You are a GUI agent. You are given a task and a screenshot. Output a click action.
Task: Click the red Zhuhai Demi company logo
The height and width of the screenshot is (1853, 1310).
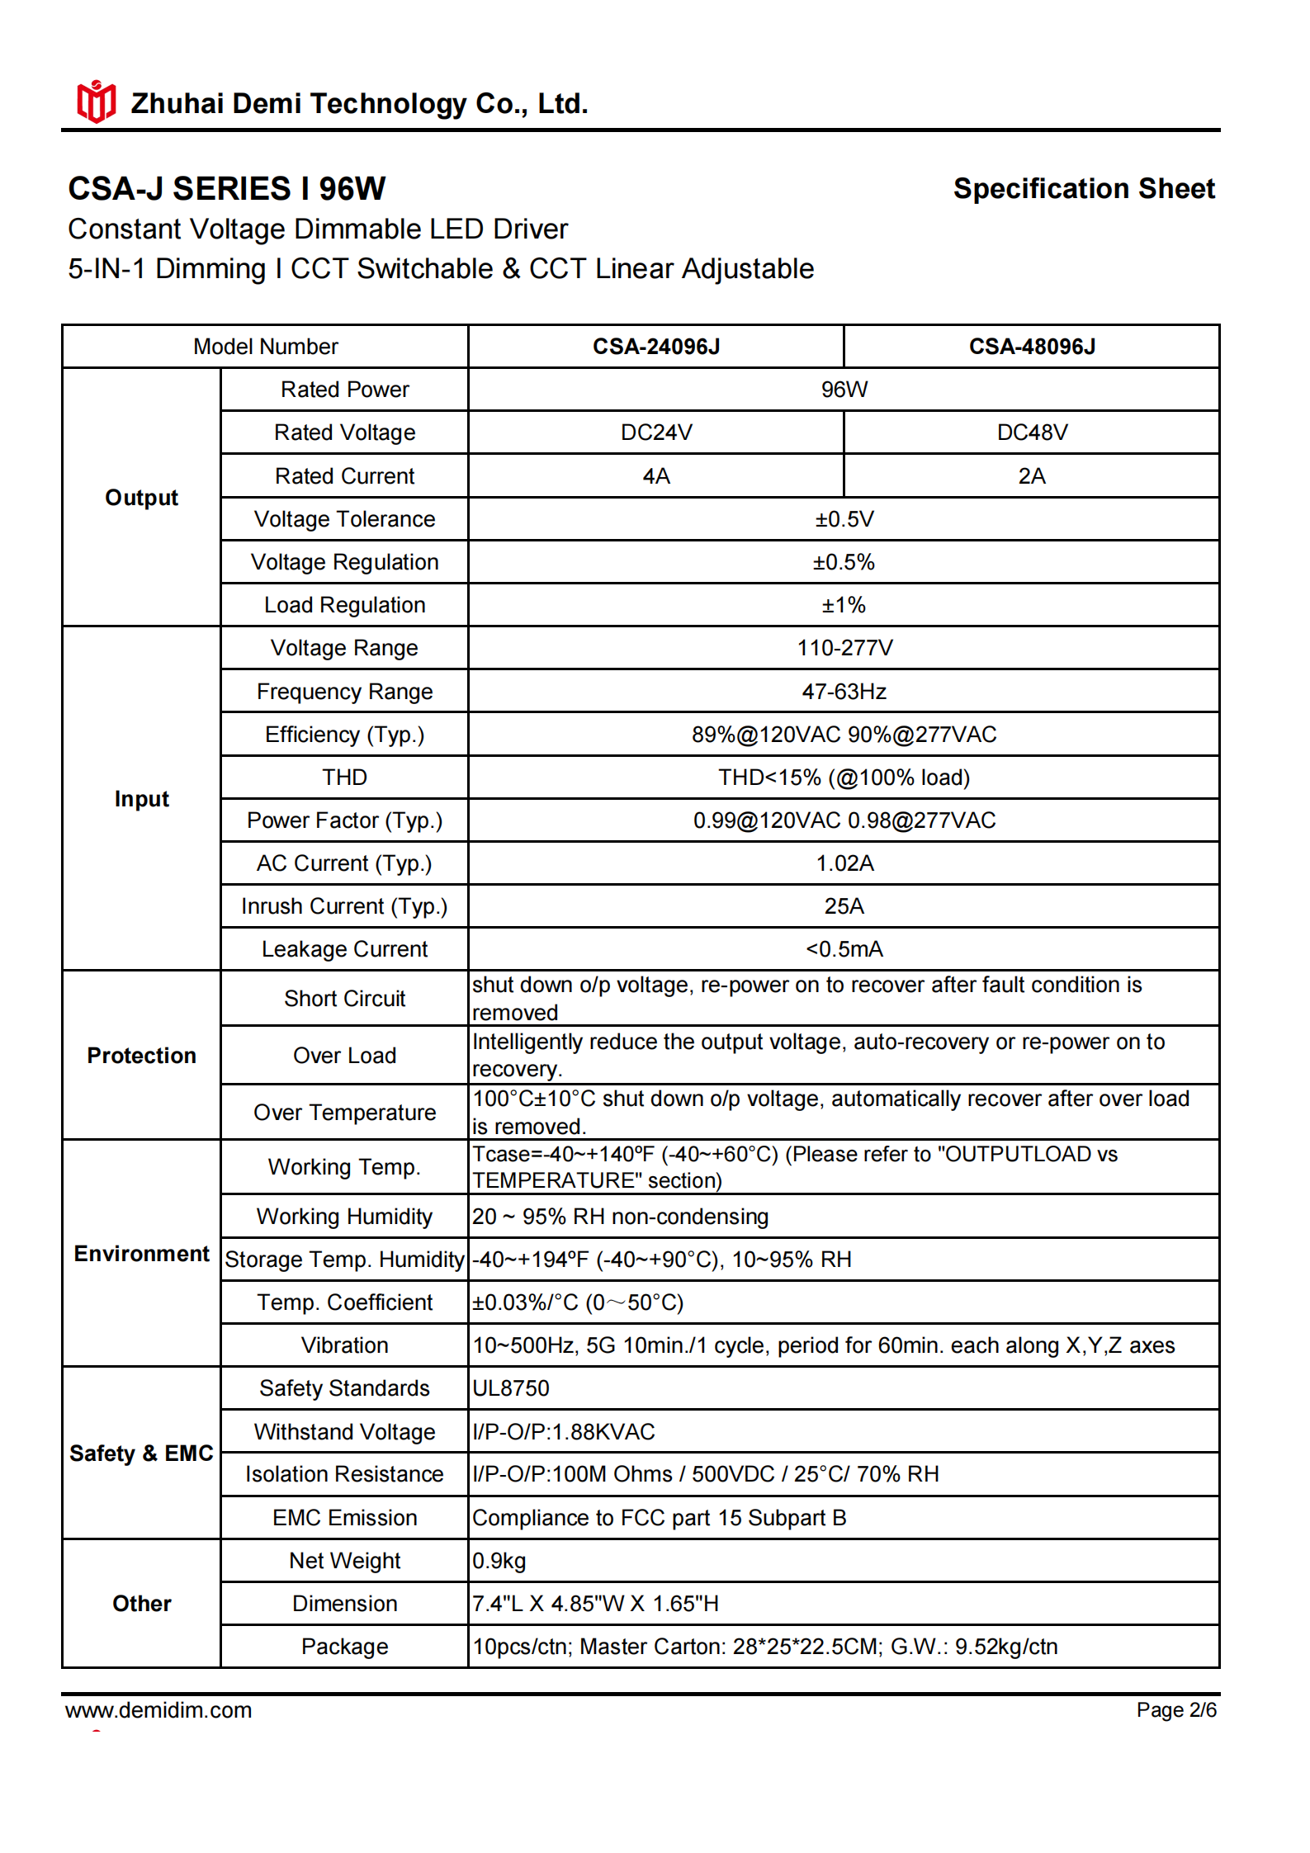(96, 102)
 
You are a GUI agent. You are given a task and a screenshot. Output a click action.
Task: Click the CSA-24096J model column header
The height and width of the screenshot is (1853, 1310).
(655, 347)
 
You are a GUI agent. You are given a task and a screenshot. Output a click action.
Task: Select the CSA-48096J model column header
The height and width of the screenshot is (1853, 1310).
(1031, 347)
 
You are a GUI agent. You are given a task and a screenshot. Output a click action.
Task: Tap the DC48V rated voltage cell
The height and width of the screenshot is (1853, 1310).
(1031, 433)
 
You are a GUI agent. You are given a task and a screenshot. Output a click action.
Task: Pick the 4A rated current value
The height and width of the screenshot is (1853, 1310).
(655, 476)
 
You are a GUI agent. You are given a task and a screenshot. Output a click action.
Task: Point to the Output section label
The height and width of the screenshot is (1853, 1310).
(141, 498)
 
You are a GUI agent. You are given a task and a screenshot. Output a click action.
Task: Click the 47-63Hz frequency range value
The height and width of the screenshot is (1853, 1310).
(844, 692)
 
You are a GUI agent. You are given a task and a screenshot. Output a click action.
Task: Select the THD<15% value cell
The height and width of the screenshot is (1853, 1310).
(844, 778)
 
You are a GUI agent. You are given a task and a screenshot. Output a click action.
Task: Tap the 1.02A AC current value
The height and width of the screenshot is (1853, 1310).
(844, 863)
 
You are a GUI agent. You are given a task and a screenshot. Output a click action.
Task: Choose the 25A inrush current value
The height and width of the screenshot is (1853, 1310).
(844, 906)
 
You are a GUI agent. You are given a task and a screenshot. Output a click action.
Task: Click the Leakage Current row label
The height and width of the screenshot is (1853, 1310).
(344, 949)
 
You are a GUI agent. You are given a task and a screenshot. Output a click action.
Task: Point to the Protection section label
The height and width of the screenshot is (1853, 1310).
(141, 1056)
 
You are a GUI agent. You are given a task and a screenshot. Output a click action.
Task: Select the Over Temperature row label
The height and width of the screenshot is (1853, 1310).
(344, 1113)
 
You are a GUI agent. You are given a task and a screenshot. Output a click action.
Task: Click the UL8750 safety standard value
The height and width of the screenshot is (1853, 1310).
(511, 1388)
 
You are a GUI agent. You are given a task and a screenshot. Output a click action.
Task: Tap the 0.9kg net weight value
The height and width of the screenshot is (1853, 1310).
(499, 1561)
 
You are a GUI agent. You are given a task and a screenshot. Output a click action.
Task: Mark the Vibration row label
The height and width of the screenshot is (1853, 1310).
(344, 1345)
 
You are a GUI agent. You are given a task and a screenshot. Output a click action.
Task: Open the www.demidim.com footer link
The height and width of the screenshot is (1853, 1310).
(158, 1710)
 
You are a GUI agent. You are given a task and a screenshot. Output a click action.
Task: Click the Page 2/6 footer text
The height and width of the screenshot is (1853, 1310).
(1175, 1710)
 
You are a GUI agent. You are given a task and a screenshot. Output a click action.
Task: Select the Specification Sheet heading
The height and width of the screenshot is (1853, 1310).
(1083, 189)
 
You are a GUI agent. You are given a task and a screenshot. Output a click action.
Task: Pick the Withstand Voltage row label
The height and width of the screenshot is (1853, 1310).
(344, 1432)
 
